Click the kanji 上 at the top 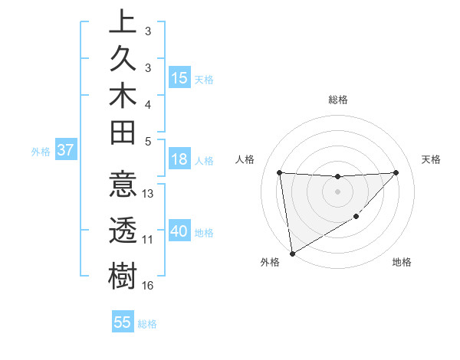pyautogui.click(x=123, y=21)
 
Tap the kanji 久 pyautogui.click(x=123, y=59)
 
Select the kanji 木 pyautogui.click(x=123, y=97)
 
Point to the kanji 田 pyautogui.click(x=123, y=135)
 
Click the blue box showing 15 pyautogui.click(x=179, y=78)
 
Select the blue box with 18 pyautogui.click(x=179, y=160)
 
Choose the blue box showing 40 pyautogui.click(x=179, y=231)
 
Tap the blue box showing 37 pyautogui.click(x=66, y=150)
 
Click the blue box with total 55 pyautogui.click(x=123, y=322)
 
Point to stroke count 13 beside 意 pyautogui.click(x=148, y=194)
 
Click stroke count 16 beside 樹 pyautogui.click(x=148, y=286)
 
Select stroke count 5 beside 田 pyautogui.click(x=147, y=141)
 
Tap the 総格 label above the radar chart pyautogui.click(x=338, y=100)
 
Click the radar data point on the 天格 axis pyautogui.click(x=396, y=172)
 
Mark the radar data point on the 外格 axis pyautogui.click(x=292, y=254)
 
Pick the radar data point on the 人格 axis pyautogui.click(x=279, y=172)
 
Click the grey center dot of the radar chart pyautogui.click(x=338, y=191)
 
